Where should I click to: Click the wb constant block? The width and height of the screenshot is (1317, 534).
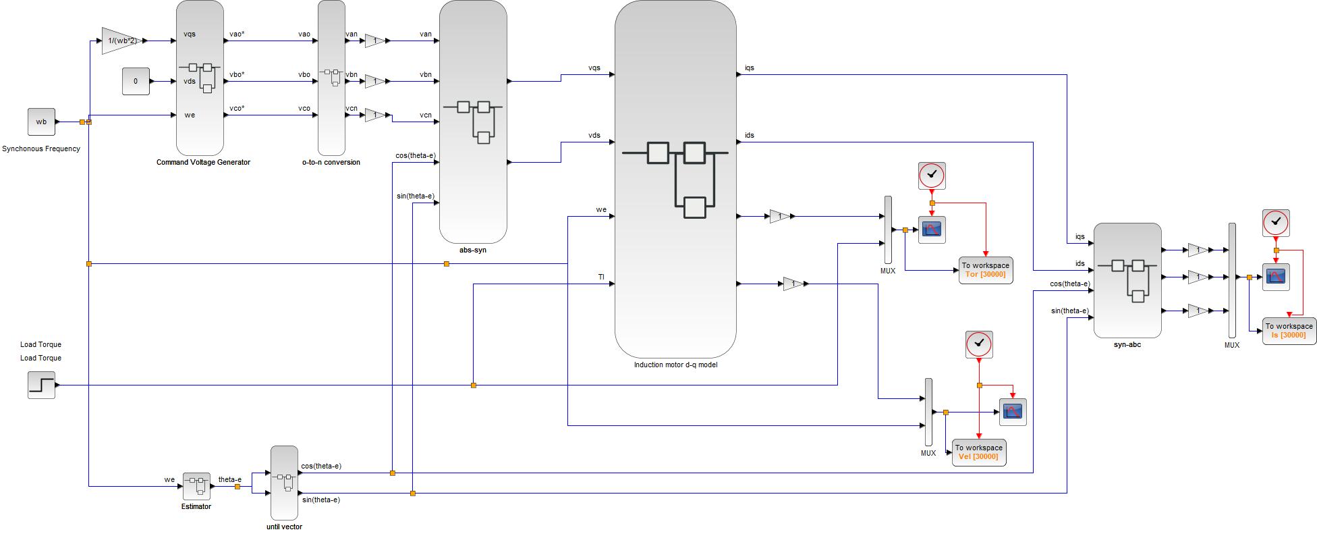tap(41, 122)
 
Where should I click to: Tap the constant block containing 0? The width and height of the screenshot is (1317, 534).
tap(136, 81)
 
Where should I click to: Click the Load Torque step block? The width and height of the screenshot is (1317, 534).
tap(41, 385)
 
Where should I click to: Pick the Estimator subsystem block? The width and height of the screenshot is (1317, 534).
tap(196, 486)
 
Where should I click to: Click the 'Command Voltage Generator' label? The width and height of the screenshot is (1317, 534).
tap(203, 162)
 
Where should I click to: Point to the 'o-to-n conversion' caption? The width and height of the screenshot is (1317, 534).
tap(331, 162)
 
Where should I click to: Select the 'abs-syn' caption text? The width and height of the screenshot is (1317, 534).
tap(473, 250)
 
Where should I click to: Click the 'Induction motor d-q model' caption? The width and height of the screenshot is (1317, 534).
tap(675, 365)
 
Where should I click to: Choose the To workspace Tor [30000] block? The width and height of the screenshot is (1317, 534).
tap(986, 270)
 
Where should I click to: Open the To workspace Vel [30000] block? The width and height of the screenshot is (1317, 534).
tap(979, 452)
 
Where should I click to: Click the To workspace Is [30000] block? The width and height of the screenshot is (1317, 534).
tap(1289, 331)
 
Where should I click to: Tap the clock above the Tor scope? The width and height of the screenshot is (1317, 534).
tap(932, 176)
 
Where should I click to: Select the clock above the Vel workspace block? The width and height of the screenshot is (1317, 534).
tap(979, 344)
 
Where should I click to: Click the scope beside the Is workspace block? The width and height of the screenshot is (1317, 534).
tap(1276, 277)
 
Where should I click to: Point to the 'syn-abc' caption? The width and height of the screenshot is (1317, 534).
tap(1127, 344)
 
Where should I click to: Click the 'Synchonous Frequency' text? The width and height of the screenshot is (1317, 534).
tap(41, 149)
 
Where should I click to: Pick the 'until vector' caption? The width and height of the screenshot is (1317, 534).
tap(284, 527)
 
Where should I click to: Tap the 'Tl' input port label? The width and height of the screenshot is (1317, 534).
tap(601, 277)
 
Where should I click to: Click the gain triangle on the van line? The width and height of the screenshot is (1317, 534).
tap(375, 41)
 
